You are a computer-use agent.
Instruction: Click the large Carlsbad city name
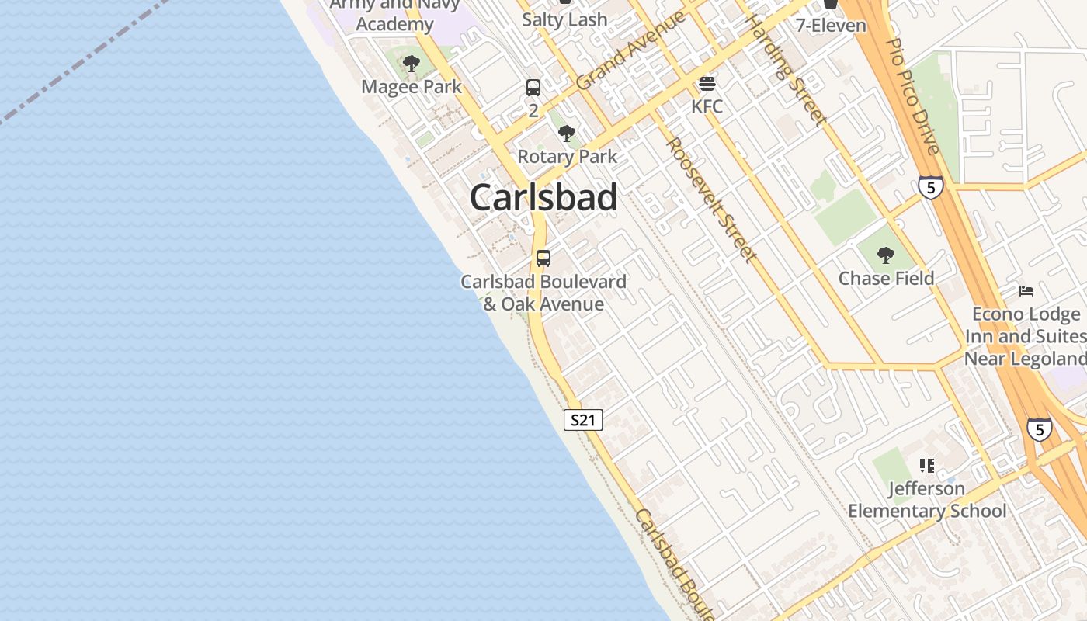click(x=543, y=197)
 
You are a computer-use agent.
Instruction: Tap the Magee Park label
click(x=412, y=87)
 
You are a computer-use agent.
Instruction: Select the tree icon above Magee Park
click(x=412, y=64)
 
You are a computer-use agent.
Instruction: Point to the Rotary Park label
click(x=568, y=156)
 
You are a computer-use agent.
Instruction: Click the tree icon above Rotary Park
click(x=567, y=133)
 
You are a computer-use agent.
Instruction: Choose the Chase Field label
click(x=886, y=278)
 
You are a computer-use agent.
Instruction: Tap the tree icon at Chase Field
click(x=885, y=255)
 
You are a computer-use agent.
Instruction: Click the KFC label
click(x=707, y=106)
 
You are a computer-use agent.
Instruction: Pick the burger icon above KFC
click(x=707, y=83)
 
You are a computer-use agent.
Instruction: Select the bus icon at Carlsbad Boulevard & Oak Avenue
click(x=543, y=258)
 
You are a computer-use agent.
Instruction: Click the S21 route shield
click(x=583, y=420)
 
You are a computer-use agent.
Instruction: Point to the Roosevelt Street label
click(x=711, y=200)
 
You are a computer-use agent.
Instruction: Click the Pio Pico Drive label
click(x=913, y=96)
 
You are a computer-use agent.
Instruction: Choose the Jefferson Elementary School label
click(x=927, y=500)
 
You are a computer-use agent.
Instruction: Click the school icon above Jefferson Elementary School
click(x=926, y=466)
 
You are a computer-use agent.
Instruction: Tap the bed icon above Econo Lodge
click(x=1026, y=291)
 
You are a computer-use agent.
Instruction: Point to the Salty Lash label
click(x=564, y=19)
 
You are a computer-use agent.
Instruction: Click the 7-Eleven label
click(x=831, y=26)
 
